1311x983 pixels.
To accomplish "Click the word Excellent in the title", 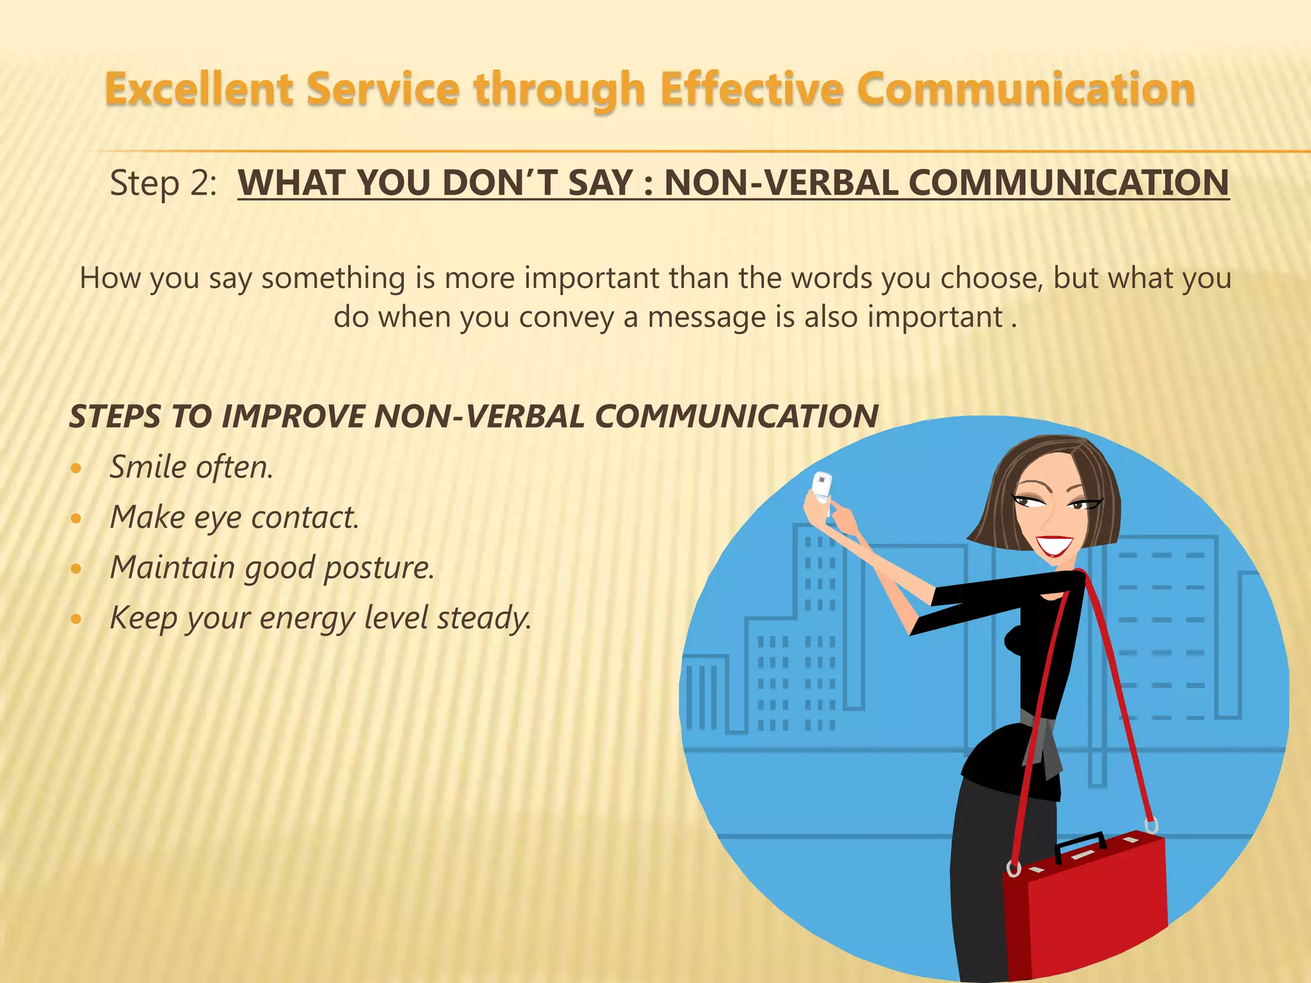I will click(x=199, y=89).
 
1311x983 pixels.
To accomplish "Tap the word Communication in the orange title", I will click(x=1025, y=89).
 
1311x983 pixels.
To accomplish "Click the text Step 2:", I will click(x=163, y=184).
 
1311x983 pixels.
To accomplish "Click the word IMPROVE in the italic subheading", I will click(x=293, y=417).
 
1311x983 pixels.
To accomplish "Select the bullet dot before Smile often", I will click(x=76, y=468).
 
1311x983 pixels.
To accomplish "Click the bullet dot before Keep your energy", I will click(x=76, y=619).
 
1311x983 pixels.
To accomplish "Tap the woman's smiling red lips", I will click(x=1054, y=545).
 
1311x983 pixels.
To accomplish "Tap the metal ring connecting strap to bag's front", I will click(x=1013, y=868).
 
